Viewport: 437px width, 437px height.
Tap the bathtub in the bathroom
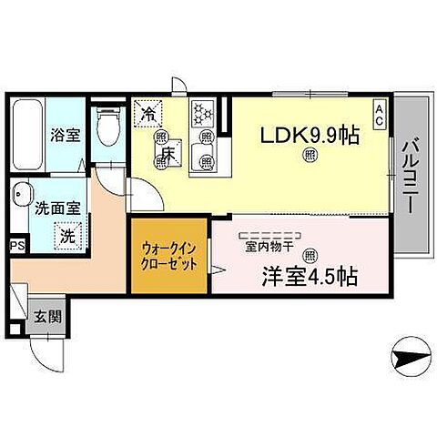pyautogui.click(x=27, y=137)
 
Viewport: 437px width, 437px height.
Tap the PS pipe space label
pyautogui.click(x=16, y=246)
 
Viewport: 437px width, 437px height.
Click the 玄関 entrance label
pyautogui.click(x=47, y=318)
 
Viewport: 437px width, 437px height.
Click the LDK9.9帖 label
pyautogui.click(x=310, y=136)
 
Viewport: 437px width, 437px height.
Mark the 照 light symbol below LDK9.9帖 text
pyautogui.click(x=311, y=158)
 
